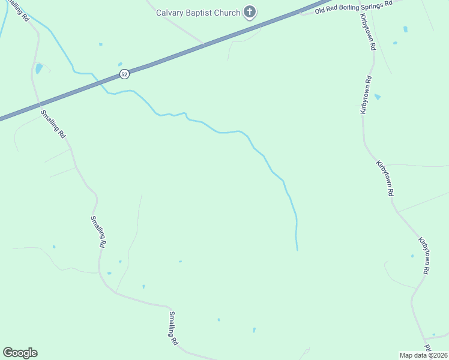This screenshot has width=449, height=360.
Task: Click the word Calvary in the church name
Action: point(170,13)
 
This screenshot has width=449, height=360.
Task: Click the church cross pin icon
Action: point(250,12)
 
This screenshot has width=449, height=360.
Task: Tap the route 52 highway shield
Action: point(124,74)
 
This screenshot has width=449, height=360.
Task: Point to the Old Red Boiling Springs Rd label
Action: point(355,7)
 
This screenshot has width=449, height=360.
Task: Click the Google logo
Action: point(20,353)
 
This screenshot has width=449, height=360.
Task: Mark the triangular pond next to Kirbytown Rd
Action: point(377,96)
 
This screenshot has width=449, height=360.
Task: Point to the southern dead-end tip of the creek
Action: point(297,250)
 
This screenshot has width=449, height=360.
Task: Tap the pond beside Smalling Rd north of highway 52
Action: point(39,68)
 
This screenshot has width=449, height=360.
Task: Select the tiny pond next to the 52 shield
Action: point(120,64)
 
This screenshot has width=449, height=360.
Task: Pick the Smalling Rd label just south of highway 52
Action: point(53,124)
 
